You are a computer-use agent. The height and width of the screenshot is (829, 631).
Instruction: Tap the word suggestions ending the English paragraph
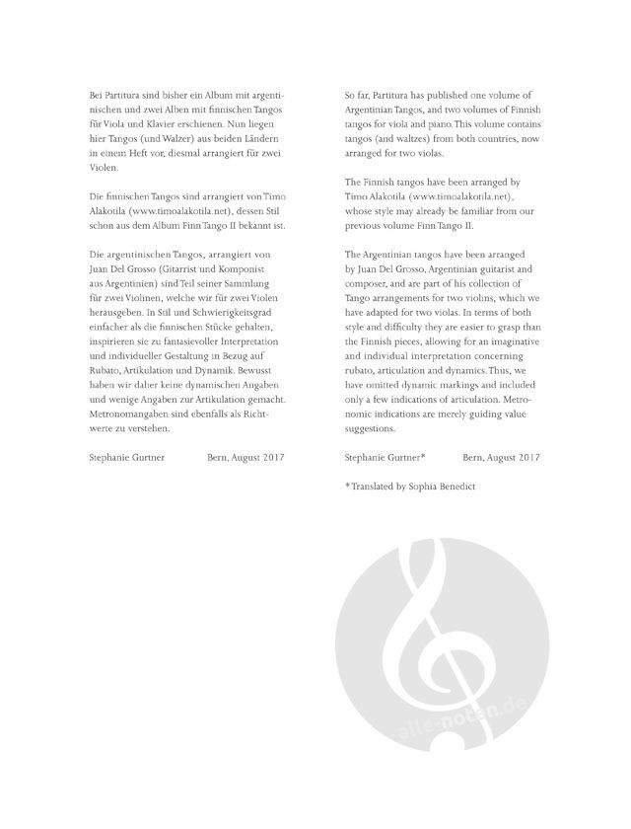click(x=371, y=430)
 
